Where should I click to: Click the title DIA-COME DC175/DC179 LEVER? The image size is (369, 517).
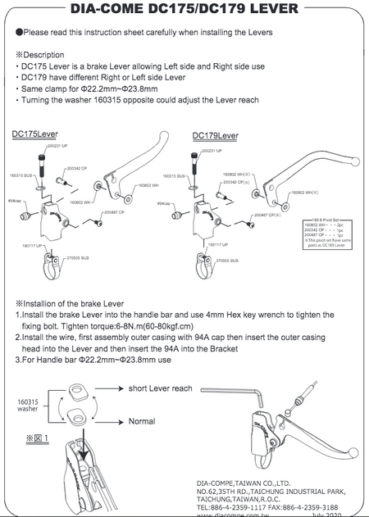click(184, 11)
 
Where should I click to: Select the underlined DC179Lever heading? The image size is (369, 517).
click(216, 135)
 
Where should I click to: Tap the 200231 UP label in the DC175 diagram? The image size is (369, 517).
click(57, 145)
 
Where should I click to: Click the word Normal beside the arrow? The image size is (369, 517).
click(141, 421)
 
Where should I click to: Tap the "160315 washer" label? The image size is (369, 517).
click(29, 406)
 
